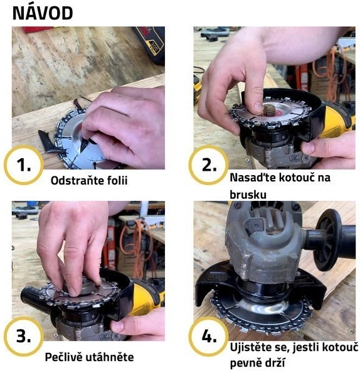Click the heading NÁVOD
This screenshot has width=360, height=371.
click(43, 13)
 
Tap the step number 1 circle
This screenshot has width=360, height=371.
click(24, 165)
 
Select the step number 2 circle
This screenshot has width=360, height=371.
click(209, 165)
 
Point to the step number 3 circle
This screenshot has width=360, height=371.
click(24, 336)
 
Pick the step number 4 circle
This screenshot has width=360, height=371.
click(209, 336)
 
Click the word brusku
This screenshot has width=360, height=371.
click(248, 195)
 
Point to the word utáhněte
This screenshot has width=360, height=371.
click(109, 357)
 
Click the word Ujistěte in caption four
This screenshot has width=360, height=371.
click(251, 347)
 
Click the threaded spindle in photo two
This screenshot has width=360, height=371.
click(267, 110)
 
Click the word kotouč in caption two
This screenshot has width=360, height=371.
click(296, 178)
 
